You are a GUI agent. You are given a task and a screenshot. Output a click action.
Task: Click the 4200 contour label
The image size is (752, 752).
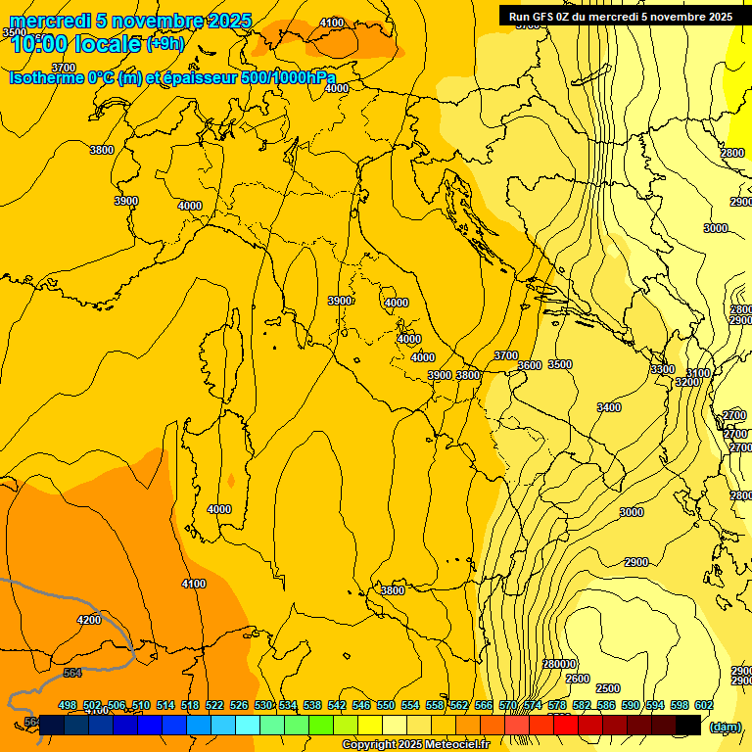click(x=89, y=620)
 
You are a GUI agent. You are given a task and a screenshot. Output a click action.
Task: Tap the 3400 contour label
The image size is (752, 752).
click(x=609, y=407)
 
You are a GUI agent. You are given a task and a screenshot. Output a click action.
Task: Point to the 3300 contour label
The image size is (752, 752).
click(x=663, y=369)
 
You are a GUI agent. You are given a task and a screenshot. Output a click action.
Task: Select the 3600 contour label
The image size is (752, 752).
click(x=530, y=365)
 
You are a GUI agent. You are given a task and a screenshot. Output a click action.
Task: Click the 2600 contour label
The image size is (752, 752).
click(x=578, y=679)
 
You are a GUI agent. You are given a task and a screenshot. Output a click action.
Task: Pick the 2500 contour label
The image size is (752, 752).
click(x=608, y=688)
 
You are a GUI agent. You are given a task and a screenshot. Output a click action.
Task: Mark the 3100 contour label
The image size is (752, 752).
click(x=698, y=373)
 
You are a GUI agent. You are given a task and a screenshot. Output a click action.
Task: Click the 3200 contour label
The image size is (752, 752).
click(x=687, y=382)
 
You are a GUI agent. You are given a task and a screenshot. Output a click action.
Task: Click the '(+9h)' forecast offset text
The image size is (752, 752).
click(x=164, y=43)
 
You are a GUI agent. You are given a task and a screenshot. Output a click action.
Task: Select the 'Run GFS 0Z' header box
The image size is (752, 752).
click(x=620, y=16)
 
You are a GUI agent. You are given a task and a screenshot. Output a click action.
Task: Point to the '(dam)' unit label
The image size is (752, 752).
click(x=725, y=727)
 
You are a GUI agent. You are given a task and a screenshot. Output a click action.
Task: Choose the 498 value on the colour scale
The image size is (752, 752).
click(x=68, y=705)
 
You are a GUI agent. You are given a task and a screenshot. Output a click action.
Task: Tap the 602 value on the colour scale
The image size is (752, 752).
click(x=704, y=705)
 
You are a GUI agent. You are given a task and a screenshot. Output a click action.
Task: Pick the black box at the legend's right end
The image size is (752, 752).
click(x=688, y=726)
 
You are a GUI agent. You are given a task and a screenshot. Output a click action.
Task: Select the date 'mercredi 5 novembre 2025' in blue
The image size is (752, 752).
click(x=130, y=21)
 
